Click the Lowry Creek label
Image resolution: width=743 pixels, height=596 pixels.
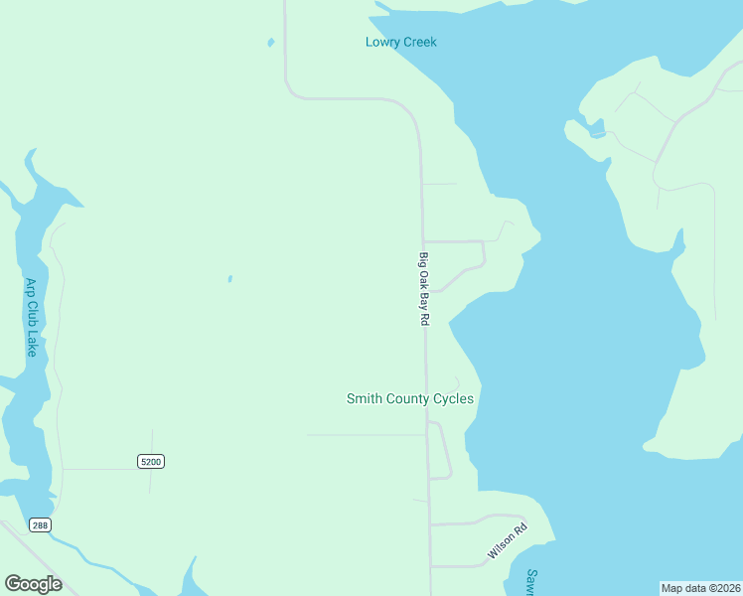pos(400,42)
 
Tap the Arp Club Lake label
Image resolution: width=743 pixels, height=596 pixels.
pos(31,318)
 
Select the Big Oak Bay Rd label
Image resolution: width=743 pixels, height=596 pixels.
pos(424,290)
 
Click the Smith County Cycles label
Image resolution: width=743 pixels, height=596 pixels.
pos(409,399)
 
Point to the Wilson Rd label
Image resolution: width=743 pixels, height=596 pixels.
pos(506,541)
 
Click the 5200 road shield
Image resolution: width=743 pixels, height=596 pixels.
pos(150,462)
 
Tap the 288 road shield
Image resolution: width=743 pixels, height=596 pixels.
pos(39,525)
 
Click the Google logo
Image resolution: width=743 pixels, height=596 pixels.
pos(33,584)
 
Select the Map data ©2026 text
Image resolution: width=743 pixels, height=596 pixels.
pos(700,588)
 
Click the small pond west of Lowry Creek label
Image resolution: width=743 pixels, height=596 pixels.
pos(270,43)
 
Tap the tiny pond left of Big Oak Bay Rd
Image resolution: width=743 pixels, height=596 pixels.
pos(229,279)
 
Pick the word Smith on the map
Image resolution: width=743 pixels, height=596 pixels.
pos(364,399)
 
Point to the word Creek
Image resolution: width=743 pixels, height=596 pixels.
pos(419,42)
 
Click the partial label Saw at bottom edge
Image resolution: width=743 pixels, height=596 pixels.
pos(532,582)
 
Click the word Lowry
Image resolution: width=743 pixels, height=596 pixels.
pos(381,42)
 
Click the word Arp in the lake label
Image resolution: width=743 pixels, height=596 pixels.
pos(31,288)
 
